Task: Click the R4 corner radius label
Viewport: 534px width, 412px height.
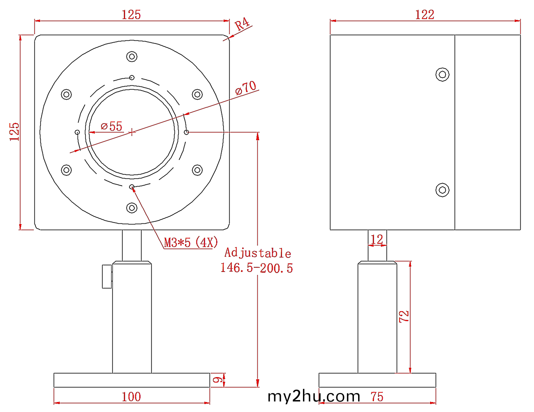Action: [x=242, y=25]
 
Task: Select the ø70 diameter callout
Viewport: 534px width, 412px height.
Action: [x=246, y=88]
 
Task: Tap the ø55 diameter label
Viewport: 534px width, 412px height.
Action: [x=112, y=126]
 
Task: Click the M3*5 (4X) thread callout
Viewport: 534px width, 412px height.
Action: [x=191, y=242]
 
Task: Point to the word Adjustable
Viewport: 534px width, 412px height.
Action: [x=258, y=253]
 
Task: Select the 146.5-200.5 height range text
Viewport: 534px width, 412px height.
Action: [x=257, y=268]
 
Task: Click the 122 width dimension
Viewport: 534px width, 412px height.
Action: [x=425, y=15]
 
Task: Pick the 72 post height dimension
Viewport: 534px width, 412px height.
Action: [x=404, y=316]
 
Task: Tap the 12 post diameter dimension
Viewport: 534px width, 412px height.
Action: [x=377, y=240]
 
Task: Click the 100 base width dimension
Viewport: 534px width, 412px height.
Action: [x=131, y=397]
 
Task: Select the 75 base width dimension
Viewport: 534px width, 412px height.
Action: [x=377, y=397]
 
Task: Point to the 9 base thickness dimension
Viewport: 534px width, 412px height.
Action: [x=218, y=380]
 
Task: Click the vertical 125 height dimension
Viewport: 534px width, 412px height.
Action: [x=14, y=132]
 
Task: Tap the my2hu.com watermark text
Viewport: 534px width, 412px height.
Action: [x=314, y=396]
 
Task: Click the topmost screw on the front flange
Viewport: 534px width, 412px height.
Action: [x=132, y=56]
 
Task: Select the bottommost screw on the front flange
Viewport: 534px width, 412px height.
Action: [x=132, y=208]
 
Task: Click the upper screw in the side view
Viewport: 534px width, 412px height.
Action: [x=442, y=74]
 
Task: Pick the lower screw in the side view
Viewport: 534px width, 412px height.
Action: [x=442, y=190]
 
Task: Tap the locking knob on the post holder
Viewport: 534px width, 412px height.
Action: [x=107, y=277]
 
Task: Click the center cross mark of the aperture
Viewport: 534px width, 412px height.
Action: [x=132, y=132]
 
